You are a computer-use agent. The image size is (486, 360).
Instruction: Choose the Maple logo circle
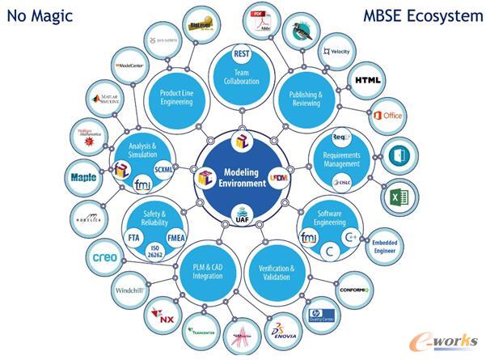pos(83,176)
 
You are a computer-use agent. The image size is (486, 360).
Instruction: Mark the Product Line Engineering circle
pos(175,98)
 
